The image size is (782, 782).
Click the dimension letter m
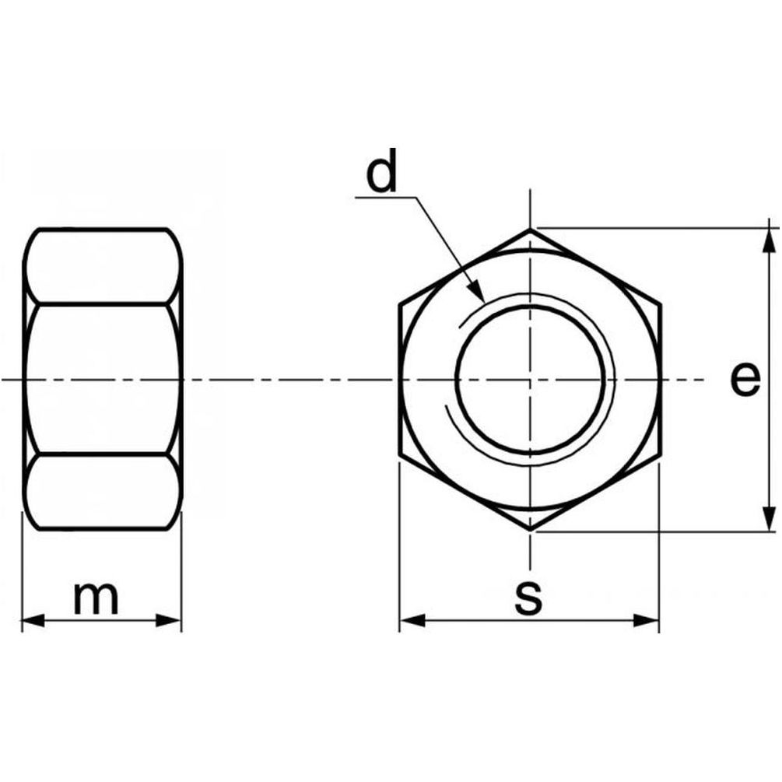tap(96, 598)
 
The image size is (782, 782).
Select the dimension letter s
tap(528, 598)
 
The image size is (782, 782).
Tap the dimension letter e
tap(745, 380)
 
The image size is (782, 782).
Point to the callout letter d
tap(381, 170)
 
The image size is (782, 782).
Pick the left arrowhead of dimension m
tap(33, 621)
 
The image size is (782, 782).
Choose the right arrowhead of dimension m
tap(169, 621)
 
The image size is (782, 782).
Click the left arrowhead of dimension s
tap(412, 621)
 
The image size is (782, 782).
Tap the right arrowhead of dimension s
tap(647, 621)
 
